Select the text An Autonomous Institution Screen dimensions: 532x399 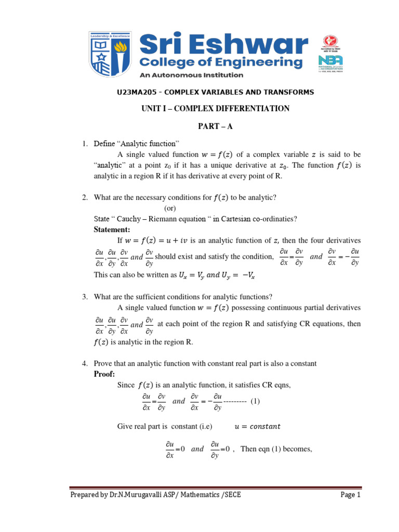tap(191, 75)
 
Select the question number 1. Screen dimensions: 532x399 tap(85, 143)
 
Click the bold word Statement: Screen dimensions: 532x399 tap(112, 229)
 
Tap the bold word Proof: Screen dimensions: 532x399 tap(104, 374)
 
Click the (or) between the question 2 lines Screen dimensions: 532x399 tap(171, 208)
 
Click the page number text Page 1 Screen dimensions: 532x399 tap(350, 495)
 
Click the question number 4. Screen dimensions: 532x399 tap(85, 364)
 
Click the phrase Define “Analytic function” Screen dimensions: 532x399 tap(136, 143)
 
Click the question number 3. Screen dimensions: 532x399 tap(85, 297)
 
